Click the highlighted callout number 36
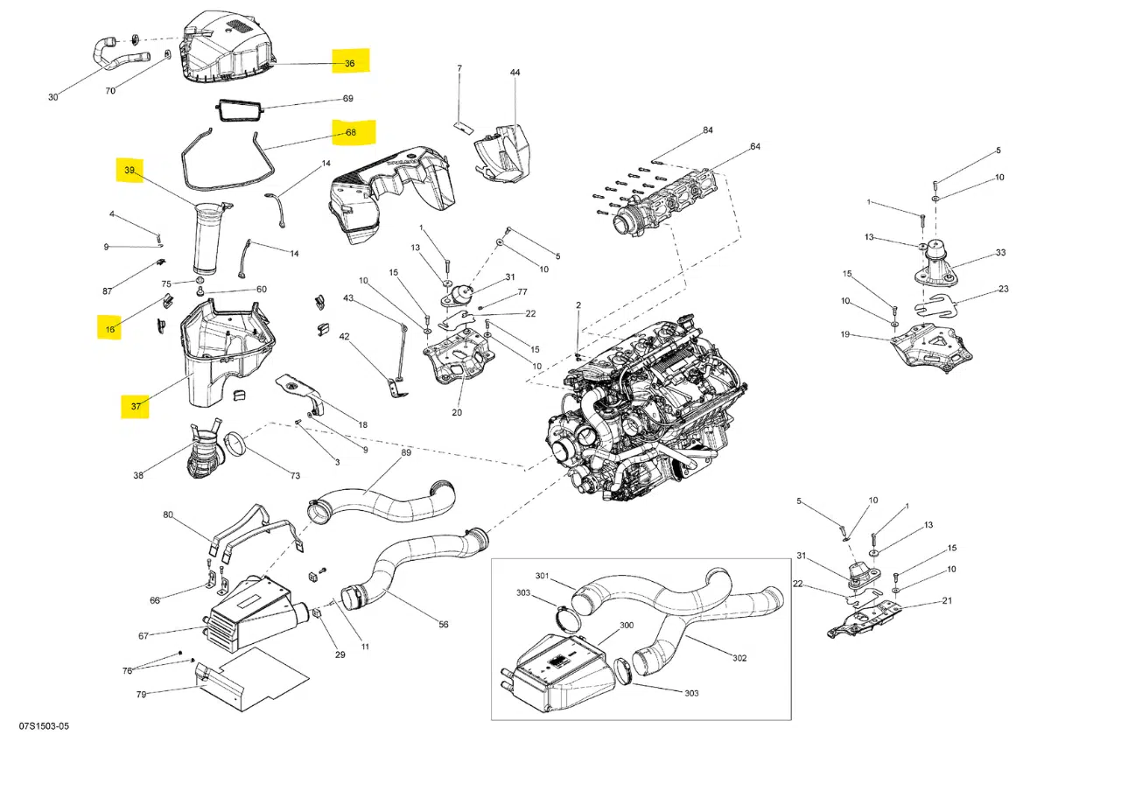pyautogui.click(x=349, y=63)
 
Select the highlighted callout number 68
pyautogui.click(x=350, y=133)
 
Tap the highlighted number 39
pyautogui.click(x=130, y=170)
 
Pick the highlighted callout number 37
pyautogui.click(x=136, y=406)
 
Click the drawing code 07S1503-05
pyautogui.click(x=44, y=727)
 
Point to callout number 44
pyautogui.click(x=515, y=73)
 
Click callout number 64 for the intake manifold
pyautogui.click(x=754, y=147)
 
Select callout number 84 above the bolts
pyautogui.click(x=707, y=130)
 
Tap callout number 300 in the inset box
pyautogui.click(x=627, y=626)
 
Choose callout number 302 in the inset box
pyautogui.click(x=739, y=656)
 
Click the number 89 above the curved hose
pyautogui.click(x=406, y=452)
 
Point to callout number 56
pyautogui.click(x=444, y=624)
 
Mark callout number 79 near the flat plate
pyautogui.click(x=141, y=694)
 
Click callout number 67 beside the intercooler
pyautogui.click(x=143, y=636)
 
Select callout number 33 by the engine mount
pyautogui.click(x=1000, y=254)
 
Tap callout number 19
pyautogui.click(x=845, y=334)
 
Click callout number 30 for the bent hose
pyautogui.click(x=53, y=97)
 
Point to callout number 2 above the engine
pyautogui.click(x=578, y=304)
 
